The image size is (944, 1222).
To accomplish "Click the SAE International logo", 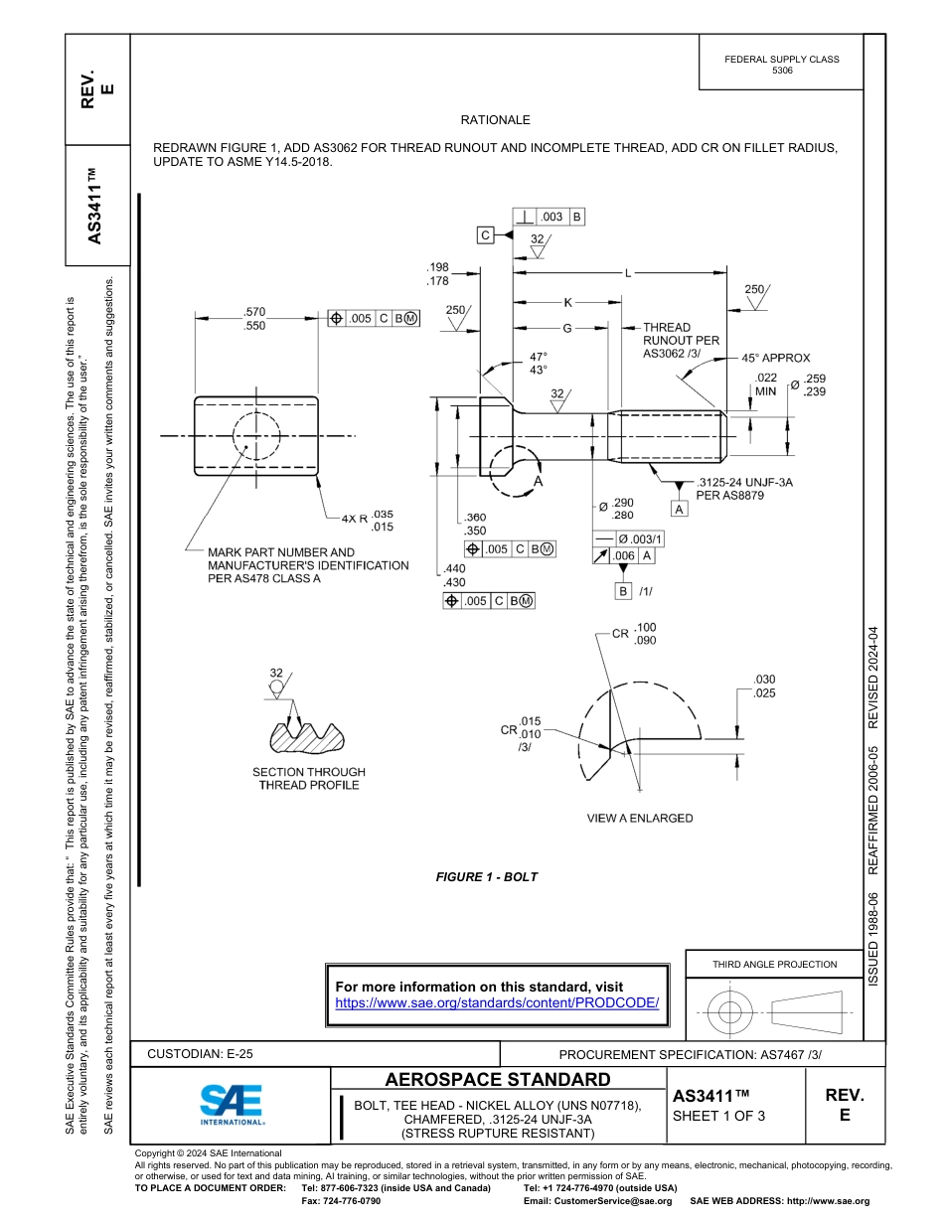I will tap(231, 1103).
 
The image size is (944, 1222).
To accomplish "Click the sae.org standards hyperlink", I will tap(497, 1002).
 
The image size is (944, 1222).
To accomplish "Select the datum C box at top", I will tap(485, 235).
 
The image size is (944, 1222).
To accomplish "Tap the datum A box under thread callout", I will tap(680, 508).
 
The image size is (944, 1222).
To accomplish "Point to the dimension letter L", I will tap(628, 272).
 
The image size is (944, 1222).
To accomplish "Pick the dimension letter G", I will tap(567, 327).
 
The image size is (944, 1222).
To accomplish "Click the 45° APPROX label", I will tap(775, 358).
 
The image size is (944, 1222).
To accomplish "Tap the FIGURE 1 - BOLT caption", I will tap(486, 877).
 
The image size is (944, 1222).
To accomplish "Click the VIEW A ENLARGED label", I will tap(640, 818).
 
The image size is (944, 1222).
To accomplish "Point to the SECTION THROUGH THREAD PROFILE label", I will tap(309, 778).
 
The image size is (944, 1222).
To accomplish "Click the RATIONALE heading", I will tap(495, 120).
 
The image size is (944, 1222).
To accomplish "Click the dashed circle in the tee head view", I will tap(257, 436).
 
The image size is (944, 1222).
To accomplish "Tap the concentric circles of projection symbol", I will tap(730, 1013).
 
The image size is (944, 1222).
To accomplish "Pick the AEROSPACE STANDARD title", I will tap(498, 1080).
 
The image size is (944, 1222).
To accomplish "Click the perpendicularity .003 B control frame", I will tap(549, 217).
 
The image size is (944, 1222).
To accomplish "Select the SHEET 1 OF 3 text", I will tap(718, 1116).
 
